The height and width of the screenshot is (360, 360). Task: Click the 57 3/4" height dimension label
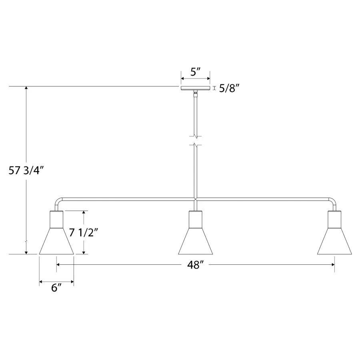tap(26, 170)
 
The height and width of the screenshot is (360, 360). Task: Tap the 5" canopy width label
tap(196, 72)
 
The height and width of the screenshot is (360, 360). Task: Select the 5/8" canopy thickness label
tap(229, 88)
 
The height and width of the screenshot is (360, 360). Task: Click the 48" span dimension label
tap(195, 265)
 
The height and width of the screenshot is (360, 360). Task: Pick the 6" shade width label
tap(56, 288)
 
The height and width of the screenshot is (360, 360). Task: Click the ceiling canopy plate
tap(195, 88)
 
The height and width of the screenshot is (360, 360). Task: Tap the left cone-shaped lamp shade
tap(56, 241)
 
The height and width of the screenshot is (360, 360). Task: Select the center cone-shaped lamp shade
tap(195, 241)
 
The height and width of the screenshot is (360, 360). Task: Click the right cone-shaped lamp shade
tap(334, 241)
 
